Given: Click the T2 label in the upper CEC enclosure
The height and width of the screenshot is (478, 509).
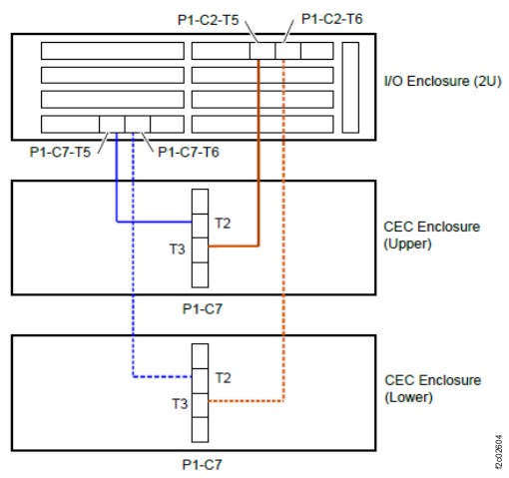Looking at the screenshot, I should click(223, 223).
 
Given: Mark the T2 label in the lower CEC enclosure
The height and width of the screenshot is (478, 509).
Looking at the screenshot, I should click(223, 377).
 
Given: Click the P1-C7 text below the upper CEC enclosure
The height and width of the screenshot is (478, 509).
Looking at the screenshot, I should click(202, 309).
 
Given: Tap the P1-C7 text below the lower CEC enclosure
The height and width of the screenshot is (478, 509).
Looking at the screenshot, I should click(202, 464).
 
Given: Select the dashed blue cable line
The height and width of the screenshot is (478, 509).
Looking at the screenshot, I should click(134, 299).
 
